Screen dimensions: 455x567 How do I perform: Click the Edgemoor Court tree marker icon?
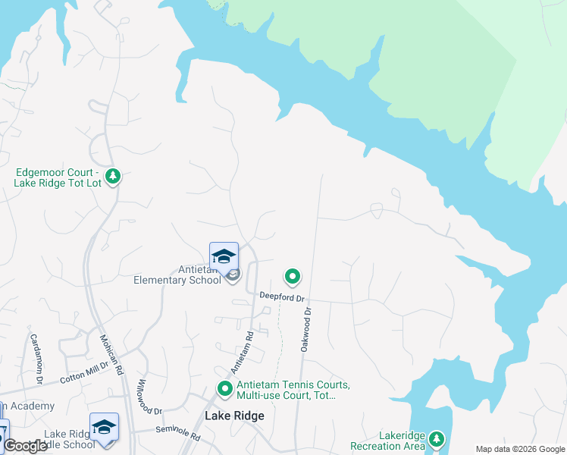pos(113,177)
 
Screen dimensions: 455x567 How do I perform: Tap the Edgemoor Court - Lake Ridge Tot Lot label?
pos(56,177)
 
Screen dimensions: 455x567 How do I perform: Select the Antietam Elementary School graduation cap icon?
pos(224,256)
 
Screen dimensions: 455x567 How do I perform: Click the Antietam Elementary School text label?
pos(177,275)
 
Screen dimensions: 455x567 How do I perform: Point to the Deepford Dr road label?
pos(281,297)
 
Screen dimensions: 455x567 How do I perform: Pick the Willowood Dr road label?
pos(149,396)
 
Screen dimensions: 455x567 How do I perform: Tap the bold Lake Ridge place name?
pos(234,416)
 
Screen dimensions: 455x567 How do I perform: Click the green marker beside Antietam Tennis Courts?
pos(224,389)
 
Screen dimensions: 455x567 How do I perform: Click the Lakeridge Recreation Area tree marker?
pos(436,438)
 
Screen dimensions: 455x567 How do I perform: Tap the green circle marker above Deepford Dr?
pos(292,277)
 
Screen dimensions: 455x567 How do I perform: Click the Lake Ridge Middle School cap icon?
pos(104,426)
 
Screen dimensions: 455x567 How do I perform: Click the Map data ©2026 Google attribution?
pos(520,449)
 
